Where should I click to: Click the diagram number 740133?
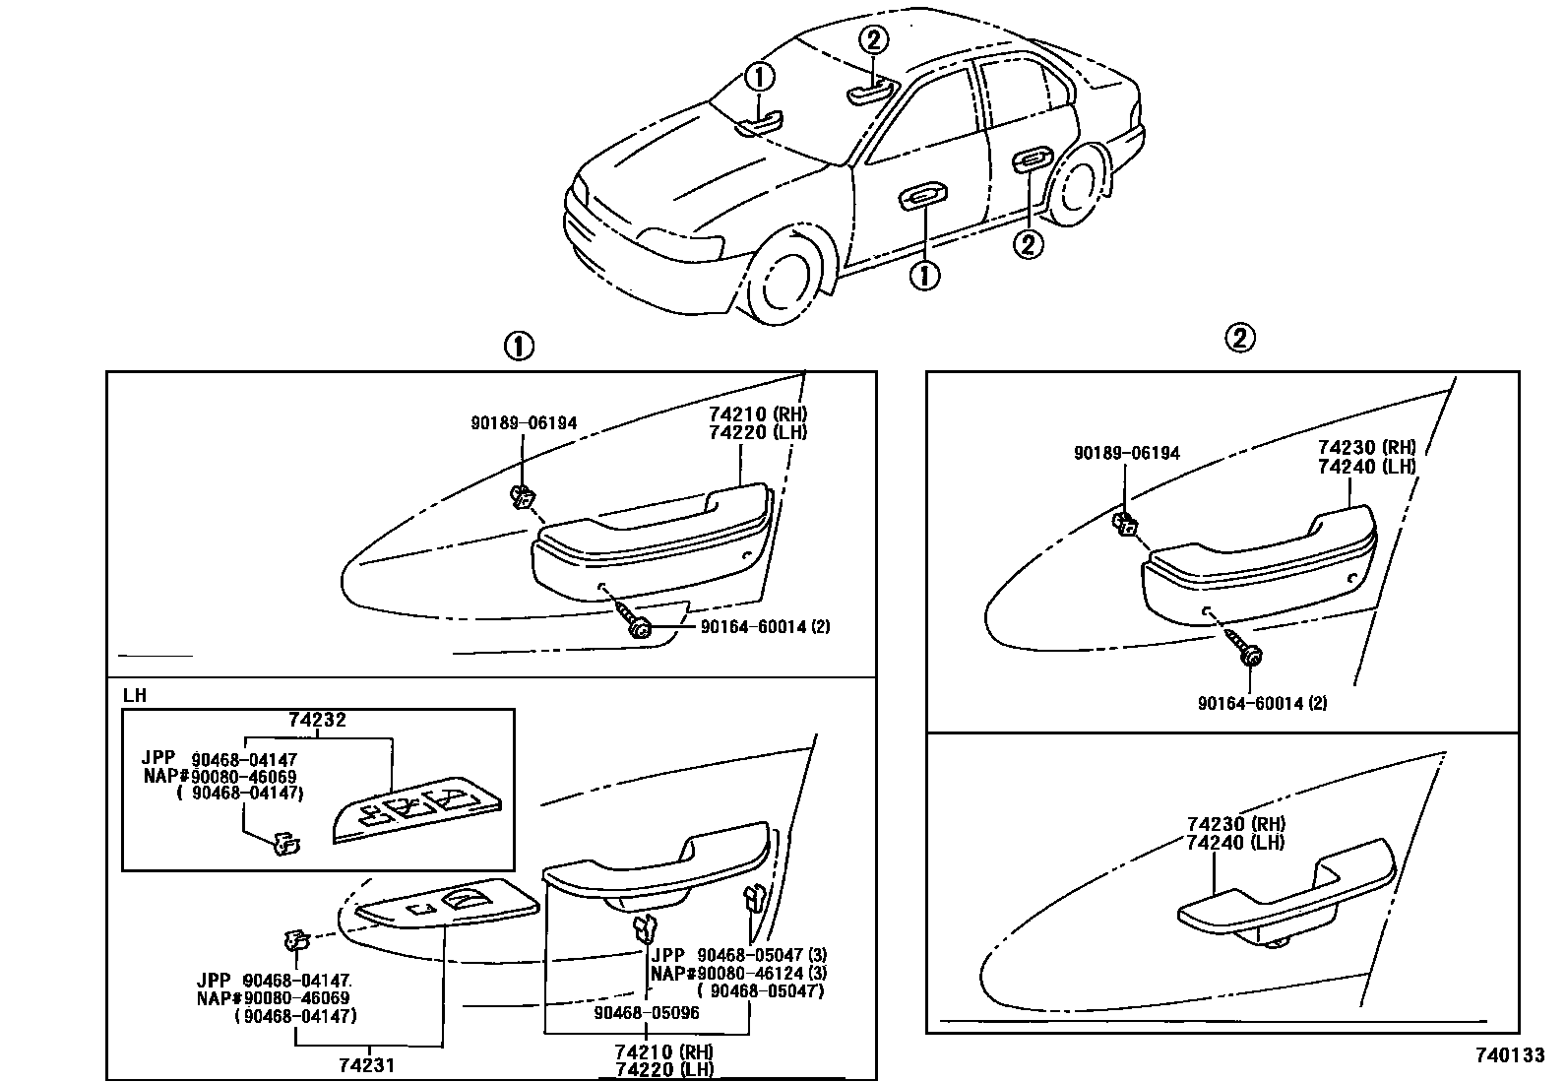pyautogui.click(x=1509, y=1055)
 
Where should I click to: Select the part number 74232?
pyautogui.click(x=317, y=721)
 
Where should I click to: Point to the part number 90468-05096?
pyautogui.click(x=646, y=1011)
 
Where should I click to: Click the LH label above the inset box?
pyautogui.click(x=135, y=695)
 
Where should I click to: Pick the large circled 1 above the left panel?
pyautogui.click(x=519, y=347)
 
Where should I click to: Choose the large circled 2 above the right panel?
pyautogui.click(x=1239, y=339)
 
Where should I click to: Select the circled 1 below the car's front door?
pyautogui.click(x=924, y=276)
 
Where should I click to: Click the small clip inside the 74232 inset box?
pyautogui.click(x=285, y=843)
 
